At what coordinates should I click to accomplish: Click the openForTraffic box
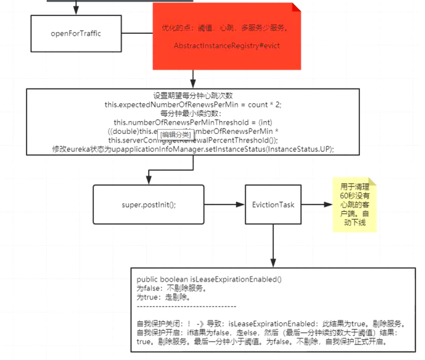(x=76, y=33)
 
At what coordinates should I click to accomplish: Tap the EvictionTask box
(x=273, y=204)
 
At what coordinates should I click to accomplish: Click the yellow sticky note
(x=354, y=205)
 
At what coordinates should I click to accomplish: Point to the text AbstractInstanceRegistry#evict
(x=227, y=47)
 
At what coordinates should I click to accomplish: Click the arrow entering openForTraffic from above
(x=76, y=7)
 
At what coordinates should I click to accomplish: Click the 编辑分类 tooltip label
(x=176, y=135)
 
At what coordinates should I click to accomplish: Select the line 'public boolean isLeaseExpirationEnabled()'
(x=209, y=279)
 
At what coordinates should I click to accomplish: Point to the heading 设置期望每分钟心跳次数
(x=193, y=96)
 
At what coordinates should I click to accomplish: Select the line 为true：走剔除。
(x=163, y=297)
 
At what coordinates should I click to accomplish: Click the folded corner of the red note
(x=296, y=8)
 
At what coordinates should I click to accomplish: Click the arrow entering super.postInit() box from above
(x=149, y=179)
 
